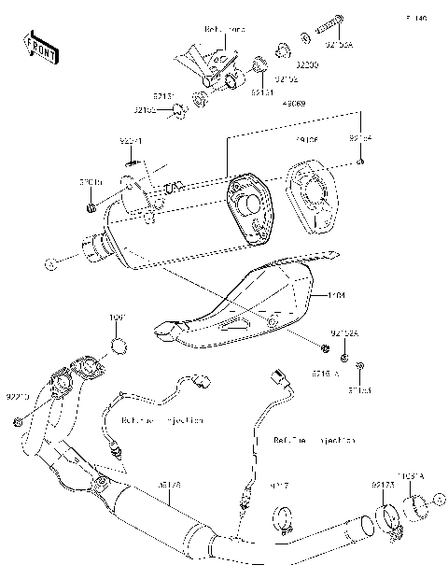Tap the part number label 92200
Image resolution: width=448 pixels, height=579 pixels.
[305, 66]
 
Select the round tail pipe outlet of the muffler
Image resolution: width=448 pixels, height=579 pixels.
[96, 255]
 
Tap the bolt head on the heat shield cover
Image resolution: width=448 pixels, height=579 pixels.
[272, 321]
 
